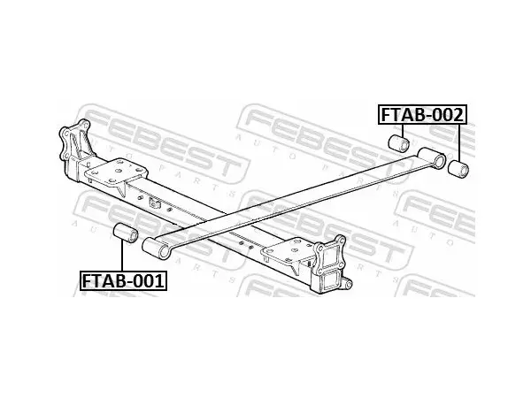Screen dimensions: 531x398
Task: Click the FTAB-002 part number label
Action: [x=422, y=115]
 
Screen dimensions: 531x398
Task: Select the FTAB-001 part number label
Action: [x=123, y=280]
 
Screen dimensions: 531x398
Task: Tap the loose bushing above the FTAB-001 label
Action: [x=125, y=233]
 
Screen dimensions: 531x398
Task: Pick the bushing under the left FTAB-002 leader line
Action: [x=399, y=143]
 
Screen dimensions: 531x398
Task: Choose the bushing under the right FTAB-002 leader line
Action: [x=458, y=169]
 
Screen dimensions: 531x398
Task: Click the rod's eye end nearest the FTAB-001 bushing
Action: [x=156, y=249]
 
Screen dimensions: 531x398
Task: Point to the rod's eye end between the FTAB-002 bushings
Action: [x=432, y=157]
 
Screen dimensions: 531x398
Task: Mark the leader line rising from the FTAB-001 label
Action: [x=121, y=256]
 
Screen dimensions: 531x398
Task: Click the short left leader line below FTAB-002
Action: [x=403, y=130]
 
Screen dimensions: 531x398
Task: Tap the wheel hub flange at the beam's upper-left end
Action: [x=75, y=140]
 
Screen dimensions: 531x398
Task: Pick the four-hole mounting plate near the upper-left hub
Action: [x=116, y=172]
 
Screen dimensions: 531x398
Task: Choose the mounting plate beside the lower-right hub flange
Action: [x=289, y=251]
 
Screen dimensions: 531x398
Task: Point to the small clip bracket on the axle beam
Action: [x=154, y=203]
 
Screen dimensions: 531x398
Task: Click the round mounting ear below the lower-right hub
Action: [x=347, y=284]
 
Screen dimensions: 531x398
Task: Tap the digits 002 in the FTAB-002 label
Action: [x=448, y=115]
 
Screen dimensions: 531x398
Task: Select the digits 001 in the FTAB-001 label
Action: [x=149, y=280]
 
